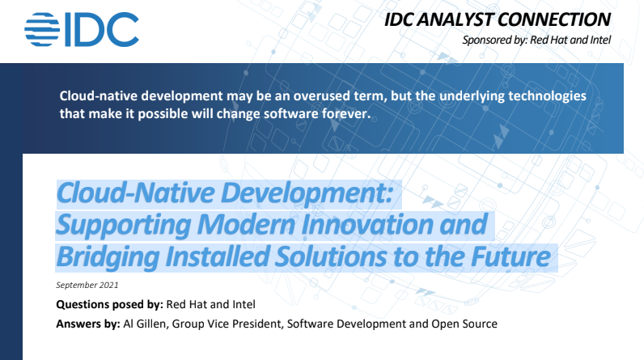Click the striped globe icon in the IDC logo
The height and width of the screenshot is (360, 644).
coord(42,30)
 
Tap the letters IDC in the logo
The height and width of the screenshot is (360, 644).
coord(102,30)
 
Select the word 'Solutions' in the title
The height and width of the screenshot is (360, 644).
coord(331,256)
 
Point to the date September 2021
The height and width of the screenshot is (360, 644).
coord(87,285)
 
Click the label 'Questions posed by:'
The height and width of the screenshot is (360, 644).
coord(110,304)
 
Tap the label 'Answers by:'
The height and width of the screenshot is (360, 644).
coord(88,324)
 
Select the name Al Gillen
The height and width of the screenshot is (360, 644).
coord(145,324)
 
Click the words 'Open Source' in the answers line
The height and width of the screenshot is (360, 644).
coord(464,324)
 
